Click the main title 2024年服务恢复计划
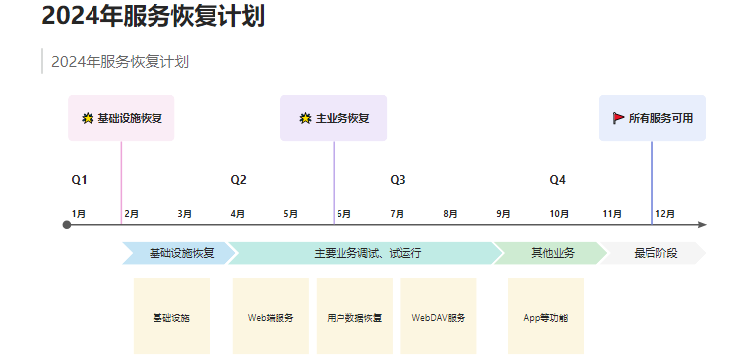click(154, 16)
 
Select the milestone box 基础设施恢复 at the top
click(121, 118)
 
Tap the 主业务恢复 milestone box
click(334, 118)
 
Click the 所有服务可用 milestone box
click(652, 118)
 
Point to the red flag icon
click(619, 118)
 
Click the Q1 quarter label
click(79, 180)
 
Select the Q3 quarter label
click(398, 180)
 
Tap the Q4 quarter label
click(557, 180)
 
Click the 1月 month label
click(79, 214)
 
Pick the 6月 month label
click(344, 214)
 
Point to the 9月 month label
click(503, 214)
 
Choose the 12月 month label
click(665, 214)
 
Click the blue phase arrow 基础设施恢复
click(179, 253)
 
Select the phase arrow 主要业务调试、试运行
click(366, 253)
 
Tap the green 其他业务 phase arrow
click(551, 253)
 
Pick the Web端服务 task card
click(272, 317)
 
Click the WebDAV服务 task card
click(439, 317)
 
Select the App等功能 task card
click(545, 317)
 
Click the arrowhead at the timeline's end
click(703, 225)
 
